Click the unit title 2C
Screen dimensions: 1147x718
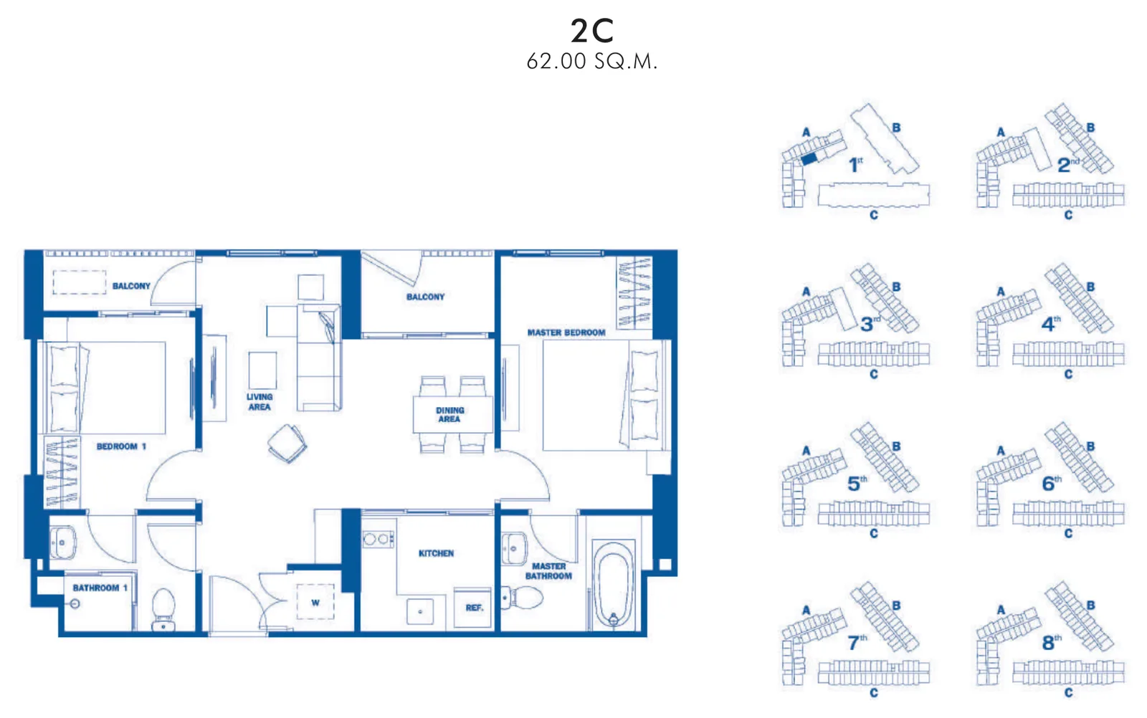[x=592, y=31]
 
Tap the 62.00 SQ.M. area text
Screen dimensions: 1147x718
[x=592, y=62]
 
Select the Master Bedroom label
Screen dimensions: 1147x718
[x=566, y=332]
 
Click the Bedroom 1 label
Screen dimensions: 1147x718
[x=121, y=446]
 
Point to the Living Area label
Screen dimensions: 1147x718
[x=260, y=402]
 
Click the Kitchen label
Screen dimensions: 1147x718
[x=437, y=553]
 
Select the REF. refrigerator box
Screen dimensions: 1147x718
[x=472, y=608]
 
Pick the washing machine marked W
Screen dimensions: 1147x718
[x=315, y=603]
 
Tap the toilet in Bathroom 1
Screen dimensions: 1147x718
[x=164, y=609]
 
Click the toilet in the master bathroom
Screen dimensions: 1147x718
[x=522, y=598]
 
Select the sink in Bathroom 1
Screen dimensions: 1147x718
[x=62, y=542]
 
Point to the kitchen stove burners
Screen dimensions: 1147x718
[x=378, y=539]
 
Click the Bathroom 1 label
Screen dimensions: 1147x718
[x=100, y=588]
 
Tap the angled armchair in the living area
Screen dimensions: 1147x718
[x=287, y=443]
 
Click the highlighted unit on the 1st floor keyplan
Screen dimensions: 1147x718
[x=809, y=159]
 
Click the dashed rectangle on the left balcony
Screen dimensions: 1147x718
[x=80, y=282]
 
